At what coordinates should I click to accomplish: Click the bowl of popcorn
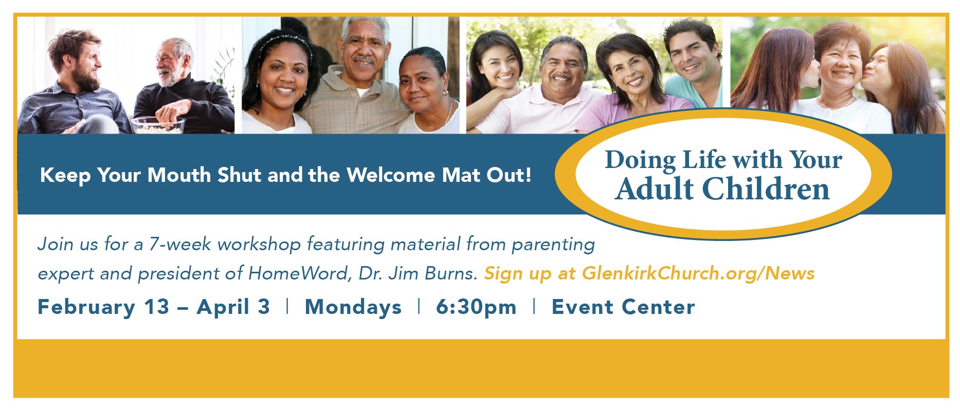pyautogui.click(x=158, y=125)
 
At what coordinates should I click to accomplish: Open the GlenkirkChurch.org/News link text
pyautogui.click(x=698, y=273)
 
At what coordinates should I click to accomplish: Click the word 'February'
pyautogui.click(x=86, y=307)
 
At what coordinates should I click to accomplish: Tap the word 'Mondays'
pyautogui.click(x=353, y=307)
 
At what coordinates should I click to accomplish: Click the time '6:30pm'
pyautogui.click(x=476, y=307)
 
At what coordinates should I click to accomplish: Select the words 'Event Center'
pyautogui.click(x=623, y=307)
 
